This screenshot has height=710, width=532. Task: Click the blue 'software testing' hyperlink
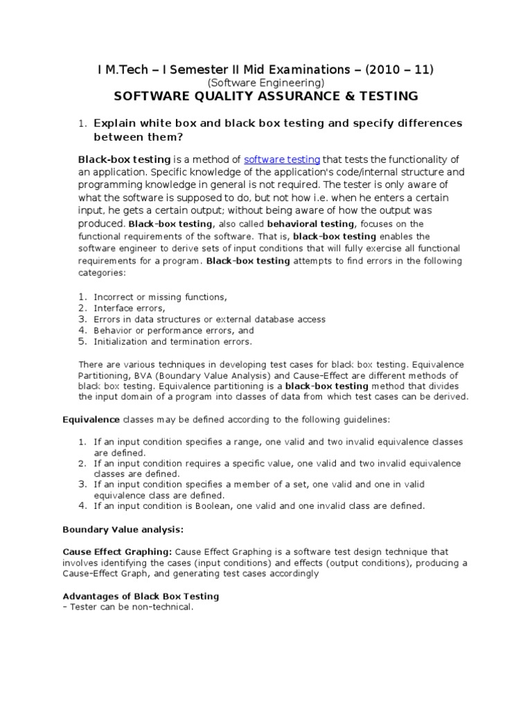point(282,159)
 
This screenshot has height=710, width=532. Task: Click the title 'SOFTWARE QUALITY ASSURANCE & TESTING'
point(265,96)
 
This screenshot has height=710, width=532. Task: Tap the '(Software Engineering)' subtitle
point(265,82)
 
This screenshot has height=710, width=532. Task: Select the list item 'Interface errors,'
point(130,308)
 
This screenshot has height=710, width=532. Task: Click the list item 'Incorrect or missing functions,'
point(160,297)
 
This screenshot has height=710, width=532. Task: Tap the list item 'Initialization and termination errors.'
point(173,341)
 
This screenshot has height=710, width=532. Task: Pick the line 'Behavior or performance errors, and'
point(174,330)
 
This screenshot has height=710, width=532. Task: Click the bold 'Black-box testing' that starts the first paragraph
point(124,159)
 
